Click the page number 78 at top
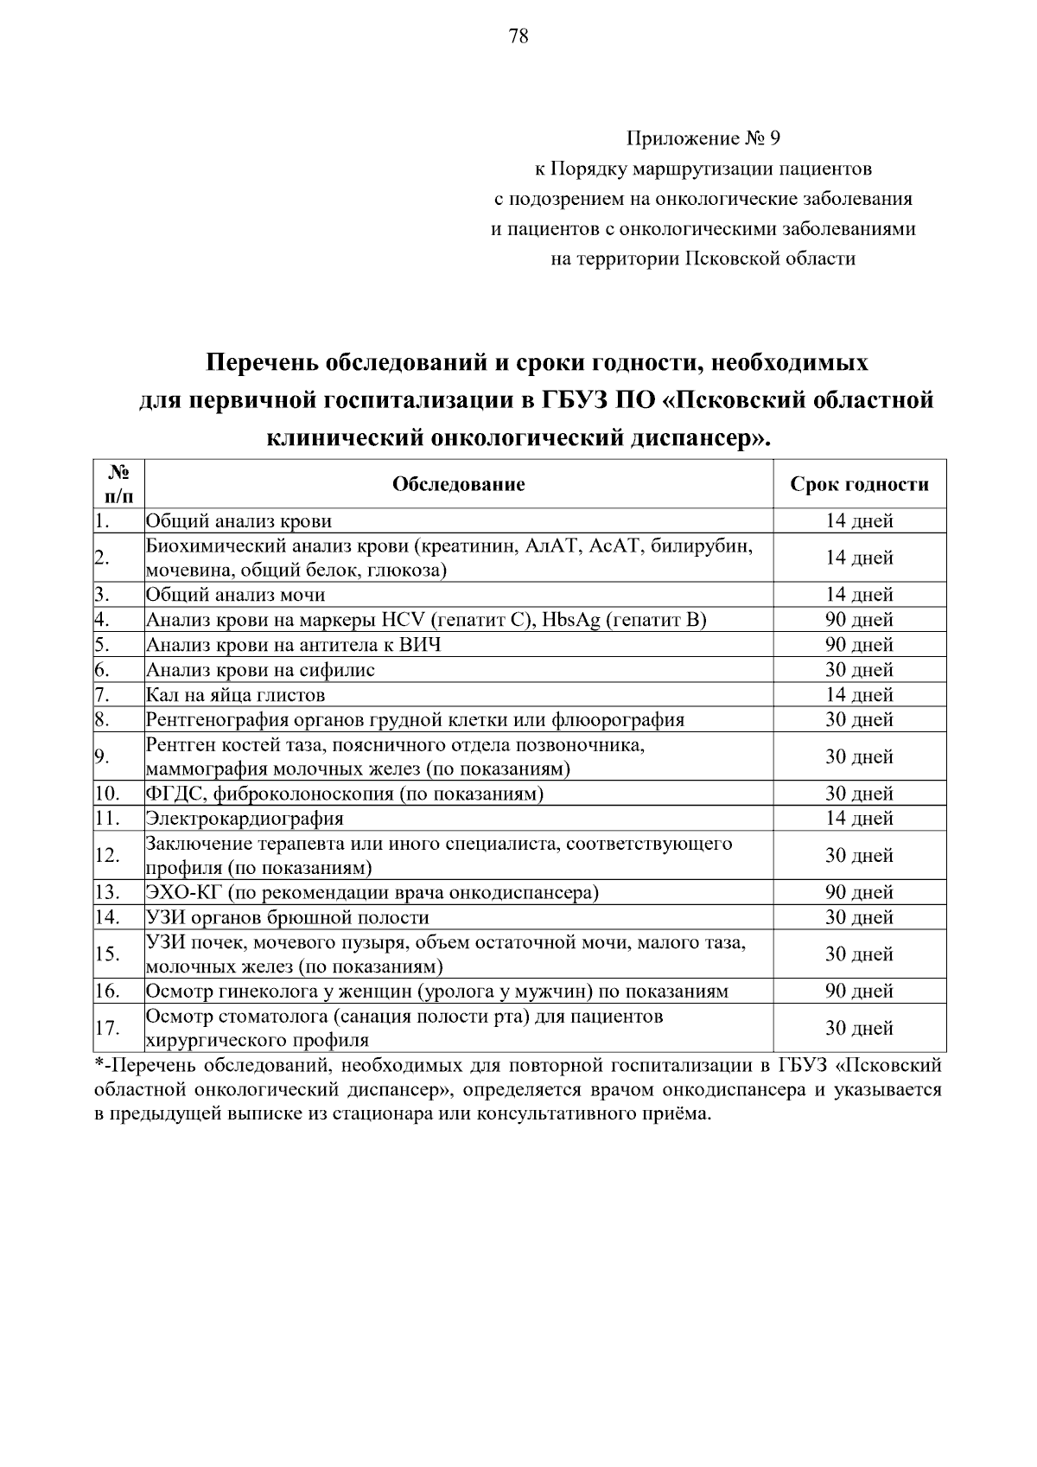pos(518,35)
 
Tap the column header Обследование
pos(458,484)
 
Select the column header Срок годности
pos(859,484)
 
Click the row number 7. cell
pos(118,695)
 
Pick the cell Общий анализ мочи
pos(235,595)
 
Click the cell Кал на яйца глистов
pos(235,695)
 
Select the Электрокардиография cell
pos(245,819)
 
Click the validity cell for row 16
pos(859,992)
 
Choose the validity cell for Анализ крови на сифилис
pos(859,670)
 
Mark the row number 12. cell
pos(118,856)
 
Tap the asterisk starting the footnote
pos(98,1065)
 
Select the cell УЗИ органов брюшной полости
pos(287,917)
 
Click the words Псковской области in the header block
pos(769,258)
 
